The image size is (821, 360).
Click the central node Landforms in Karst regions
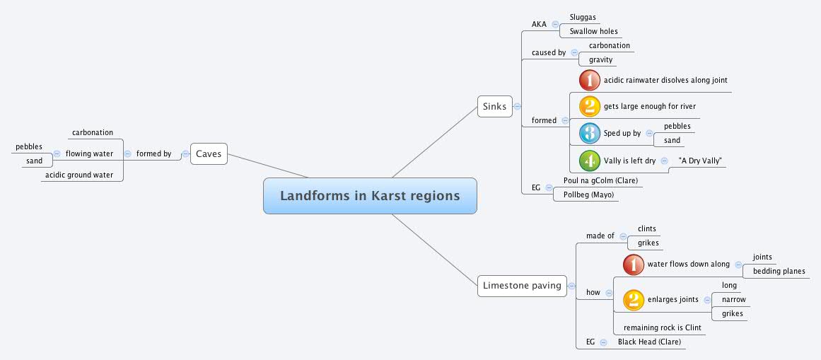click(370, 196)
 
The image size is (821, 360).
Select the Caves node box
click(209, 153)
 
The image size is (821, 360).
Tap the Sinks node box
click(494, 107)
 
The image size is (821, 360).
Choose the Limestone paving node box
click(522, 286)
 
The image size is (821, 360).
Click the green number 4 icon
click(589, 161)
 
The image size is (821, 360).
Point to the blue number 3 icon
click(589, 133)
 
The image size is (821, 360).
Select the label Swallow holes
click(593, 31)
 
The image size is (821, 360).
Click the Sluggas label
click(583, 17)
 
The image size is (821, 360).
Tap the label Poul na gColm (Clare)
click(600, 180)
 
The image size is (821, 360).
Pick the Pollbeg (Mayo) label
click(588, 194)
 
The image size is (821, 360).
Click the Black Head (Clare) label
click(649, 342)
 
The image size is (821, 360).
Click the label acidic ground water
click(79, 175)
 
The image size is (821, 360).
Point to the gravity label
click(600, 59)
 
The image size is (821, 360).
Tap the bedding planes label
click(779, 271)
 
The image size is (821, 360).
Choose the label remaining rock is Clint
click(662, 327)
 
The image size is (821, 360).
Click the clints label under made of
click(646, 228)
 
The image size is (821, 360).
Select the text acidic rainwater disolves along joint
click(665, 80)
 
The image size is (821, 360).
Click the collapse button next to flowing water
click(127, 153)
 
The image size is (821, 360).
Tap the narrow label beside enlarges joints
click(733, 299)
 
